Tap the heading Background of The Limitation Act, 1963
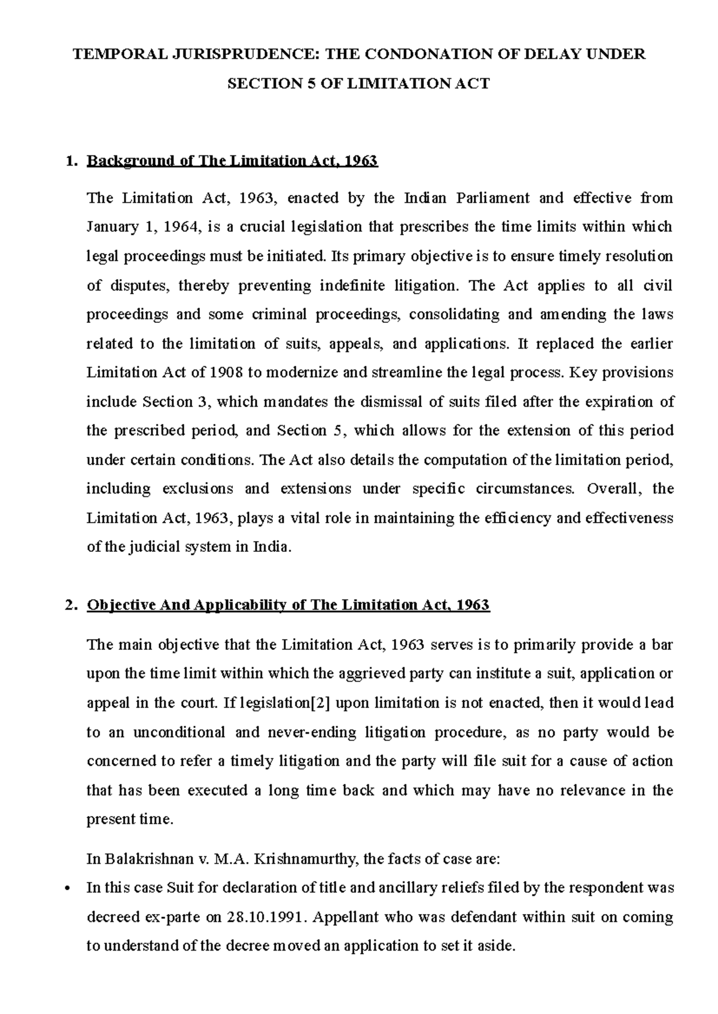coord(232,161)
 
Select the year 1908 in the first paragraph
coord(226,373)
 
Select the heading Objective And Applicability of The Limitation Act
coord(288,605)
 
